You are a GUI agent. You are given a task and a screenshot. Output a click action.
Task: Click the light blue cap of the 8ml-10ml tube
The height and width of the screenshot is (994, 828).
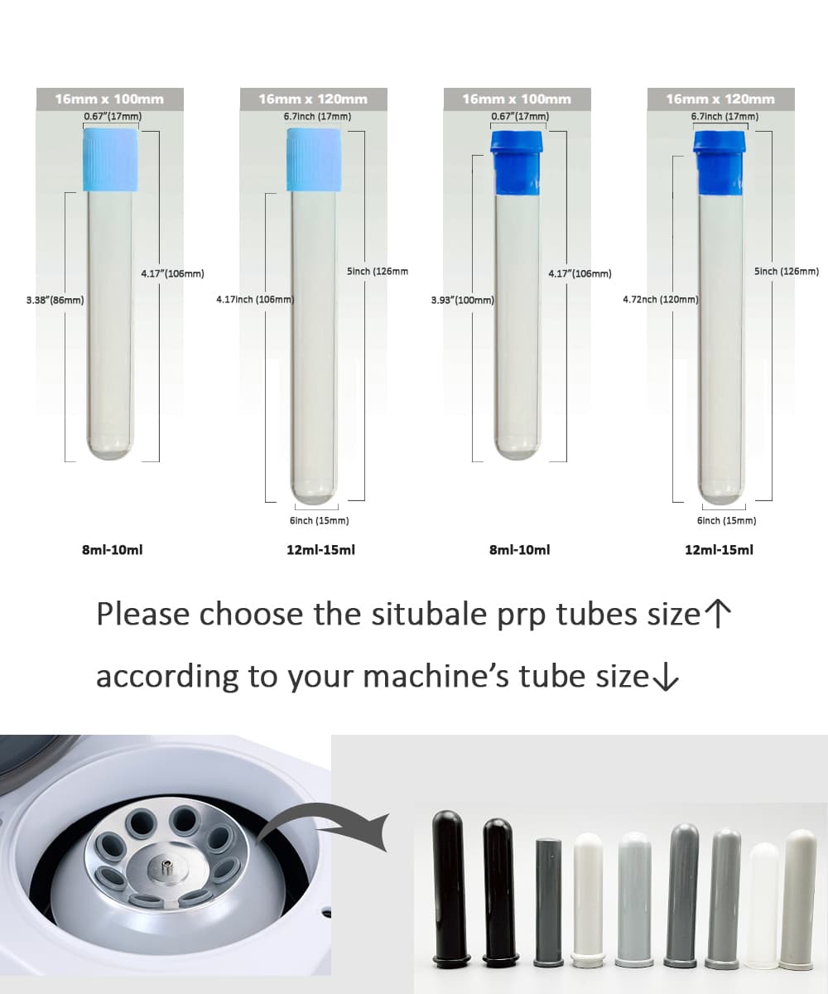110,160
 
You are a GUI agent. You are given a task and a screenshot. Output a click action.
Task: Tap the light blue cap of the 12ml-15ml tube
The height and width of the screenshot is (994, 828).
314,160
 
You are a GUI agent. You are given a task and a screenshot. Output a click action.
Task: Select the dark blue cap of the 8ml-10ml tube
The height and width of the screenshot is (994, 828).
517,163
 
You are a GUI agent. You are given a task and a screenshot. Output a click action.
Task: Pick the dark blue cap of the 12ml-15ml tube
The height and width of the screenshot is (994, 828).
719,163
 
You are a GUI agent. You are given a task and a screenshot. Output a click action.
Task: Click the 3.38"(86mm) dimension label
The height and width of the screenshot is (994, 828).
55,301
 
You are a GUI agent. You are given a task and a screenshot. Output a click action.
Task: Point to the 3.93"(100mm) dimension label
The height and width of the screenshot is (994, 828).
463,301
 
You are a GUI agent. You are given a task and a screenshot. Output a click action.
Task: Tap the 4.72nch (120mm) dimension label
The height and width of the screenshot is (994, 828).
661,299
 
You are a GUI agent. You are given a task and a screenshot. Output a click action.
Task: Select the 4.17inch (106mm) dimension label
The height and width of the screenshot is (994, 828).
255,299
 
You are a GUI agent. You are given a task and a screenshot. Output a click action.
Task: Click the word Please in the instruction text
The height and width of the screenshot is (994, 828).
143,614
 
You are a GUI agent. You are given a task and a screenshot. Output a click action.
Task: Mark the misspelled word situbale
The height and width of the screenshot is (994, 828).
429,614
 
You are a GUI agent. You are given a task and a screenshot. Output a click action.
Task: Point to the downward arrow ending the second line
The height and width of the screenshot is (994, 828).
665,677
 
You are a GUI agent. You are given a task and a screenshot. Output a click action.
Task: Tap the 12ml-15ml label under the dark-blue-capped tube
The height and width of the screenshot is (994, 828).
719,550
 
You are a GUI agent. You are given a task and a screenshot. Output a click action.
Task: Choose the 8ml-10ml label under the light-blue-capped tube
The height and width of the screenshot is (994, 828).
113,550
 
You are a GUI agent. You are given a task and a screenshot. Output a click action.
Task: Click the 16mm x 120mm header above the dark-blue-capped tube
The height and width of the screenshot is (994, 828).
720,99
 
